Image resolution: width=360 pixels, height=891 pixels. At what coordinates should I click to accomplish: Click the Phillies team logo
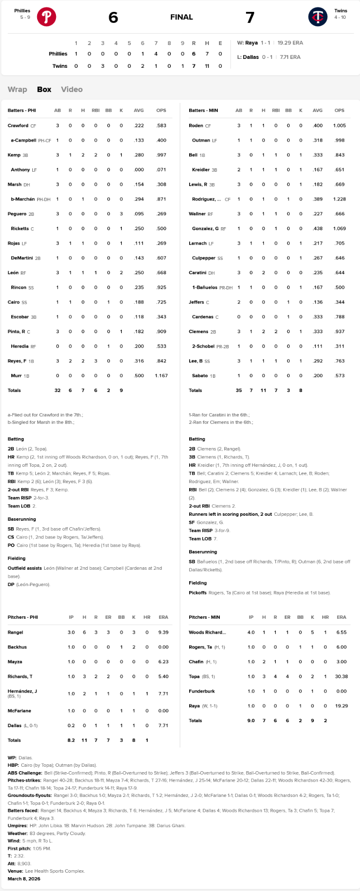[x=47, y=17]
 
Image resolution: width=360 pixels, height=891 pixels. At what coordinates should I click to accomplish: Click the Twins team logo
[x=317, y=17]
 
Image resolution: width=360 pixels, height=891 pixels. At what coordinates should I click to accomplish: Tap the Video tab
[x=72, y=90]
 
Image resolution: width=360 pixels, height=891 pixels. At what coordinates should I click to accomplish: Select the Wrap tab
[x=17, y=90]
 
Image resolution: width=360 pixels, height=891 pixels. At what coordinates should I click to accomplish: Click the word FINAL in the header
[x=181, y=17]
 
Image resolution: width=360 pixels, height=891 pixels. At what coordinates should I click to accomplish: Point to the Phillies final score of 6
[x=113, y=17]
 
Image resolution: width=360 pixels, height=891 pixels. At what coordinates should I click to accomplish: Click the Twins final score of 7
[x=250, y=17]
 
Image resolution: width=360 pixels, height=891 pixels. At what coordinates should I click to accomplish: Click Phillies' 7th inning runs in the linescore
[x=156, y=54]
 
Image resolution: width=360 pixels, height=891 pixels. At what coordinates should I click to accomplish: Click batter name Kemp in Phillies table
[x=14, y=155]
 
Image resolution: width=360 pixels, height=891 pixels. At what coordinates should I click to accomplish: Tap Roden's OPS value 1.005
[x=339, y=126]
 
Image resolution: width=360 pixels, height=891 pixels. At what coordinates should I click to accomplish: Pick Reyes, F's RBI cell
[x=96, y=361]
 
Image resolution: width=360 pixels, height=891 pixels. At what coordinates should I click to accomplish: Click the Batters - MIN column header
[x=203, y=110]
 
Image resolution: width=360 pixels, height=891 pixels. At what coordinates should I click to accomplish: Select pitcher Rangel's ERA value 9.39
[x=163, y=632]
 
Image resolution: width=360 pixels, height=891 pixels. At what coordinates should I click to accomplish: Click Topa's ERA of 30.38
[x=341, y=677]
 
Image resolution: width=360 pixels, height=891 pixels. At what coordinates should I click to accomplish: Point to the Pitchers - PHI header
[x=22, y=617]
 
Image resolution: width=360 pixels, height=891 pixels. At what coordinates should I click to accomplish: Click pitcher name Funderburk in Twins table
[x=202, y=691]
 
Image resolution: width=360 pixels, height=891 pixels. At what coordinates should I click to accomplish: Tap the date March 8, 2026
[x=24, y=879]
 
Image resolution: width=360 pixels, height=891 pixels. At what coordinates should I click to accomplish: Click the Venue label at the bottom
[x=15, y=871]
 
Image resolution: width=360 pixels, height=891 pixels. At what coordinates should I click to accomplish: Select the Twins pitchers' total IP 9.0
[x=251, y=721]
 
